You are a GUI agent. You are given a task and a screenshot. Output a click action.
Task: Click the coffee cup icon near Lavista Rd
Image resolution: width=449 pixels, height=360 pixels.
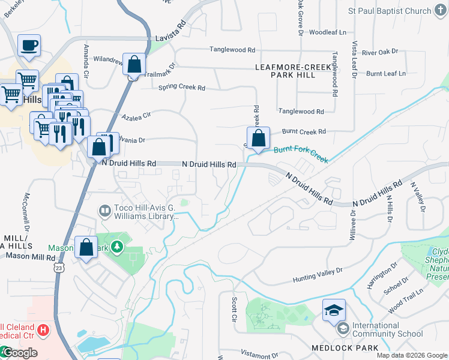[x=29, y=45]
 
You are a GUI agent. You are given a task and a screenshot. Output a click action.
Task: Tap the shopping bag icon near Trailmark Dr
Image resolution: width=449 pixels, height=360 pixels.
[x=134, y=64]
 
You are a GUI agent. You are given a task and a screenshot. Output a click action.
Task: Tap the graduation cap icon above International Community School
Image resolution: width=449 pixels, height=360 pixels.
[x=334, y=310]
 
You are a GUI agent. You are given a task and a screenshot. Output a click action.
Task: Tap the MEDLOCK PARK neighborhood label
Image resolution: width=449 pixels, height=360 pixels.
[x=345, y=348]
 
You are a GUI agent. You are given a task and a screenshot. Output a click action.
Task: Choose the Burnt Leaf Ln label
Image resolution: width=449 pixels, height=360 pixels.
[x=386, y=73]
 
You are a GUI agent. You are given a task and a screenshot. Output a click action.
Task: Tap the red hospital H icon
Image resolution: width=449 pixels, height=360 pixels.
[x=43, y=329]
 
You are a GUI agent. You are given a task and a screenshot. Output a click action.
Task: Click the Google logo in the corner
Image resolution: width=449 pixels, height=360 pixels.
[x=19, y=353]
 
